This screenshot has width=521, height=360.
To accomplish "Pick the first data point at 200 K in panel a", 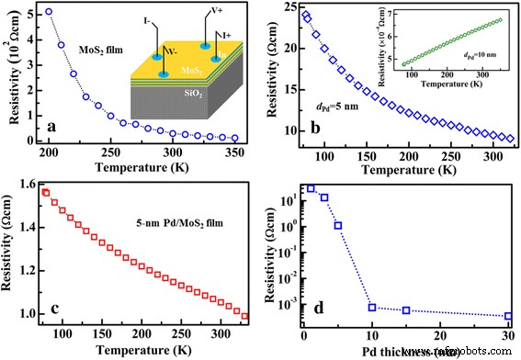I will (x=49, y=12).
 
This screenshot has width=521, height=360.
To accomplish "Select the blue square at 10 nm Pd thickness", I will (x=372, y=307).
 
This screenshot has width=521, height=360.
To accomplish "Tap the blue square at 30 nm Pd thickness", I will (x=508, y=316).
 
